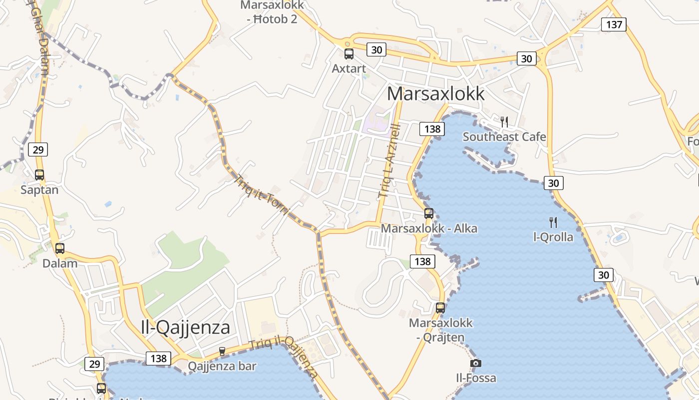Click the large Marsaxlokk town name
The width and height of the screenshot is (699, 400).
[435, 93]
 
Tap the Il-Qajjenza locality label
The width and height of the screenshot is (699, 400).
[185, 327]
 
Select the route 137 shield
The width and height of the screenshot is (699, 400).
[613, 24]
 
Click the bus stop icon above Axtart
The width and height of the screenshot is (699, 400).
[349, 54]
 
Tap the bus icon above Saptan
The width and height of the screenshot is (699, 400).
[39, 175]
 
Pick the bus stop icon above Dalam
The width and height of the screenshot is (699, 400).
[60, 248]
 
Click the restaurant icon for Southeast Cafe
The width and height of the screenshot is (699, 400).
[504, 121]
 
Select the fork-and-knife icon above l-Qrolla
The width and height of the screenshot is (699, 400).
[553, 222]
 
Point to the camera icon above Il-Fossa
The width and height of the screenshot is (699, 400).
[476, 363]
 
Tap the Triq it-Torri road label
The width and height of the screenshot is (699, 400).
[262, 195]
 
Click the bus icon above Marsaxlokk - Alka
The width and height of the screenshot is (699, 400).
[428, 213]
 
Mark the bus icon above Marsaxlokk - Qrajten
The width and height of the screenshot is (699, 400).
[440, 308]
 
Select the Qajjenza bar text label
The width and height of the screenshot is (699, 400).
[222, 366]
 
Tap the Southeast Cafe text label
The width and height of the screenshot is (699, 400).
[504, 136]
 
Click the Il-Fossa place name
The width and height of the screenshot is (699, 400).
[476, 377]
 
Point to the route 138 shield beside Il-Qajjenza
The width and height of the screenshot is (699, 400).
[158, 358]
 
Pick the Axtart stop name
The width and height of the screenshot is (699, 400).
[349, 68]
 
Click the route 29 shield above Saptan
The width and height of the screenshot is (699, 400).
[38, 149]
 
